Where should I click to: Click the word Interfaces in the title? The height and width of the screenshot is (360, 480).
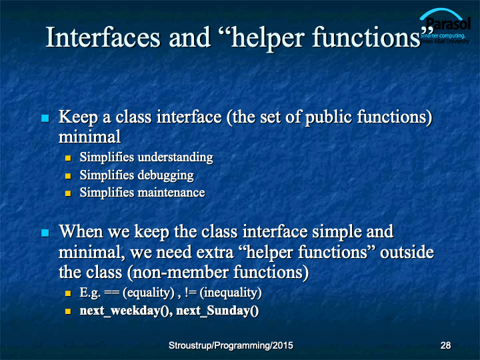point(103,37)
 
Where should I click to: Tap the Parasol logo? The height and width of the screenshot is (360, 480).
point(445,27)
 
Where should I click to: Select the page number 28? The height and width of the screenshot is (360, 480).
point(445,345)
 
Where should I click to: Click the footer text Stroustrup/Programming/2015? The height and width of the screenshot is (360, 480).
point(231,345)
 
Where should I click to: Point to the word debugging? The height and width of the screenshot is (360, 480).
point(165,175)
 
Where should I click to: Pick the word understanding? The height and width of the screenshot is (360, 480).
point(175,157)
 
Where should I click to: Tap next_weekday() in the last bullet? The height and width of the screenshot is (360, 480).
point(126,311)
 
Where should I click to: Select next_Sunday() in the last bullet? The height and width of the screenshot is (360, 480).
point(217,311)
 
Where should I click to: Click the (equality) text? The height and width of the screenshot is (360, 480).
point(149,293)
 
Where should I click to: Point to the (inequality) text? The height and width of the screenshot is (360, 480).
point(231,293)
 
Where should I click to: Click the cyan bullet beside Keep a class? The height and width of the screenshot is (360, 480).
point(45,118)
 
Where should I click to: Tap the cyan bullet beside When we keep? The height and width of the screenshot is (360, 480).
point(45,233)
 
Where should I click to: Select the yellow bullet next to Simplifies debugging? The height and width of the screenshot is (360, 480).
point(68,176)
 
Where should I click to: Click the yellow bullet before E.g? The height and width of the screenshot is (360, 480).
point(68,293)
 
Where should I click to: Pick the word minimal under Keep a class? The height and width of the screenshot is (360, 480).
point(90,137)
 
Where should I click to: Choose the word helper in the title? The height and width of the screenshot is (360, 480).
point(267,38)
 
